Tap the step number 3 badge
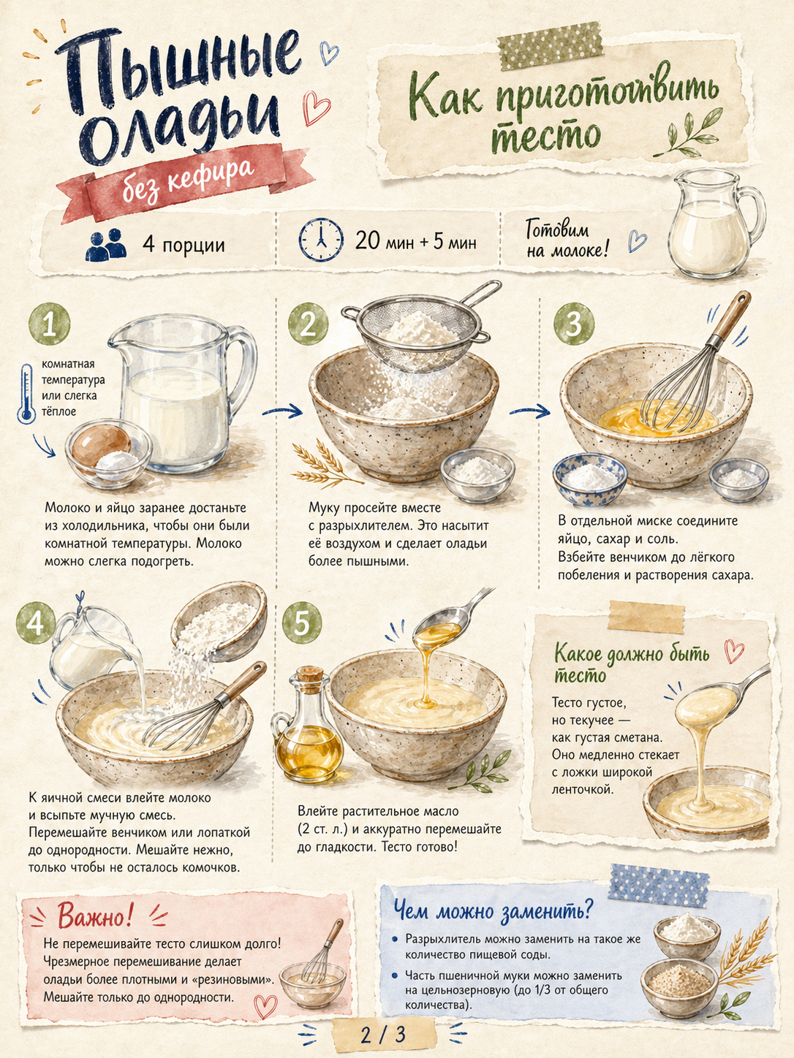573,324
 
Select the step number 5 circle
302,623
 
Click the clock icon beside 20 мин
320,240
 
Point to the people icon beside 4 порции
106,245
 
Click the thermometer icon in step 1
26,393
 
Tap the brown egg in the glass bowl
100,442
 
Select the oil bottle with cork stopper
307,725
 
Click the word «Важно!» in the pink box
95,916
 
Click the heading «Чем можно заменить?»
492,910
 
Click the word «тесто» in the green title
545,135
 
